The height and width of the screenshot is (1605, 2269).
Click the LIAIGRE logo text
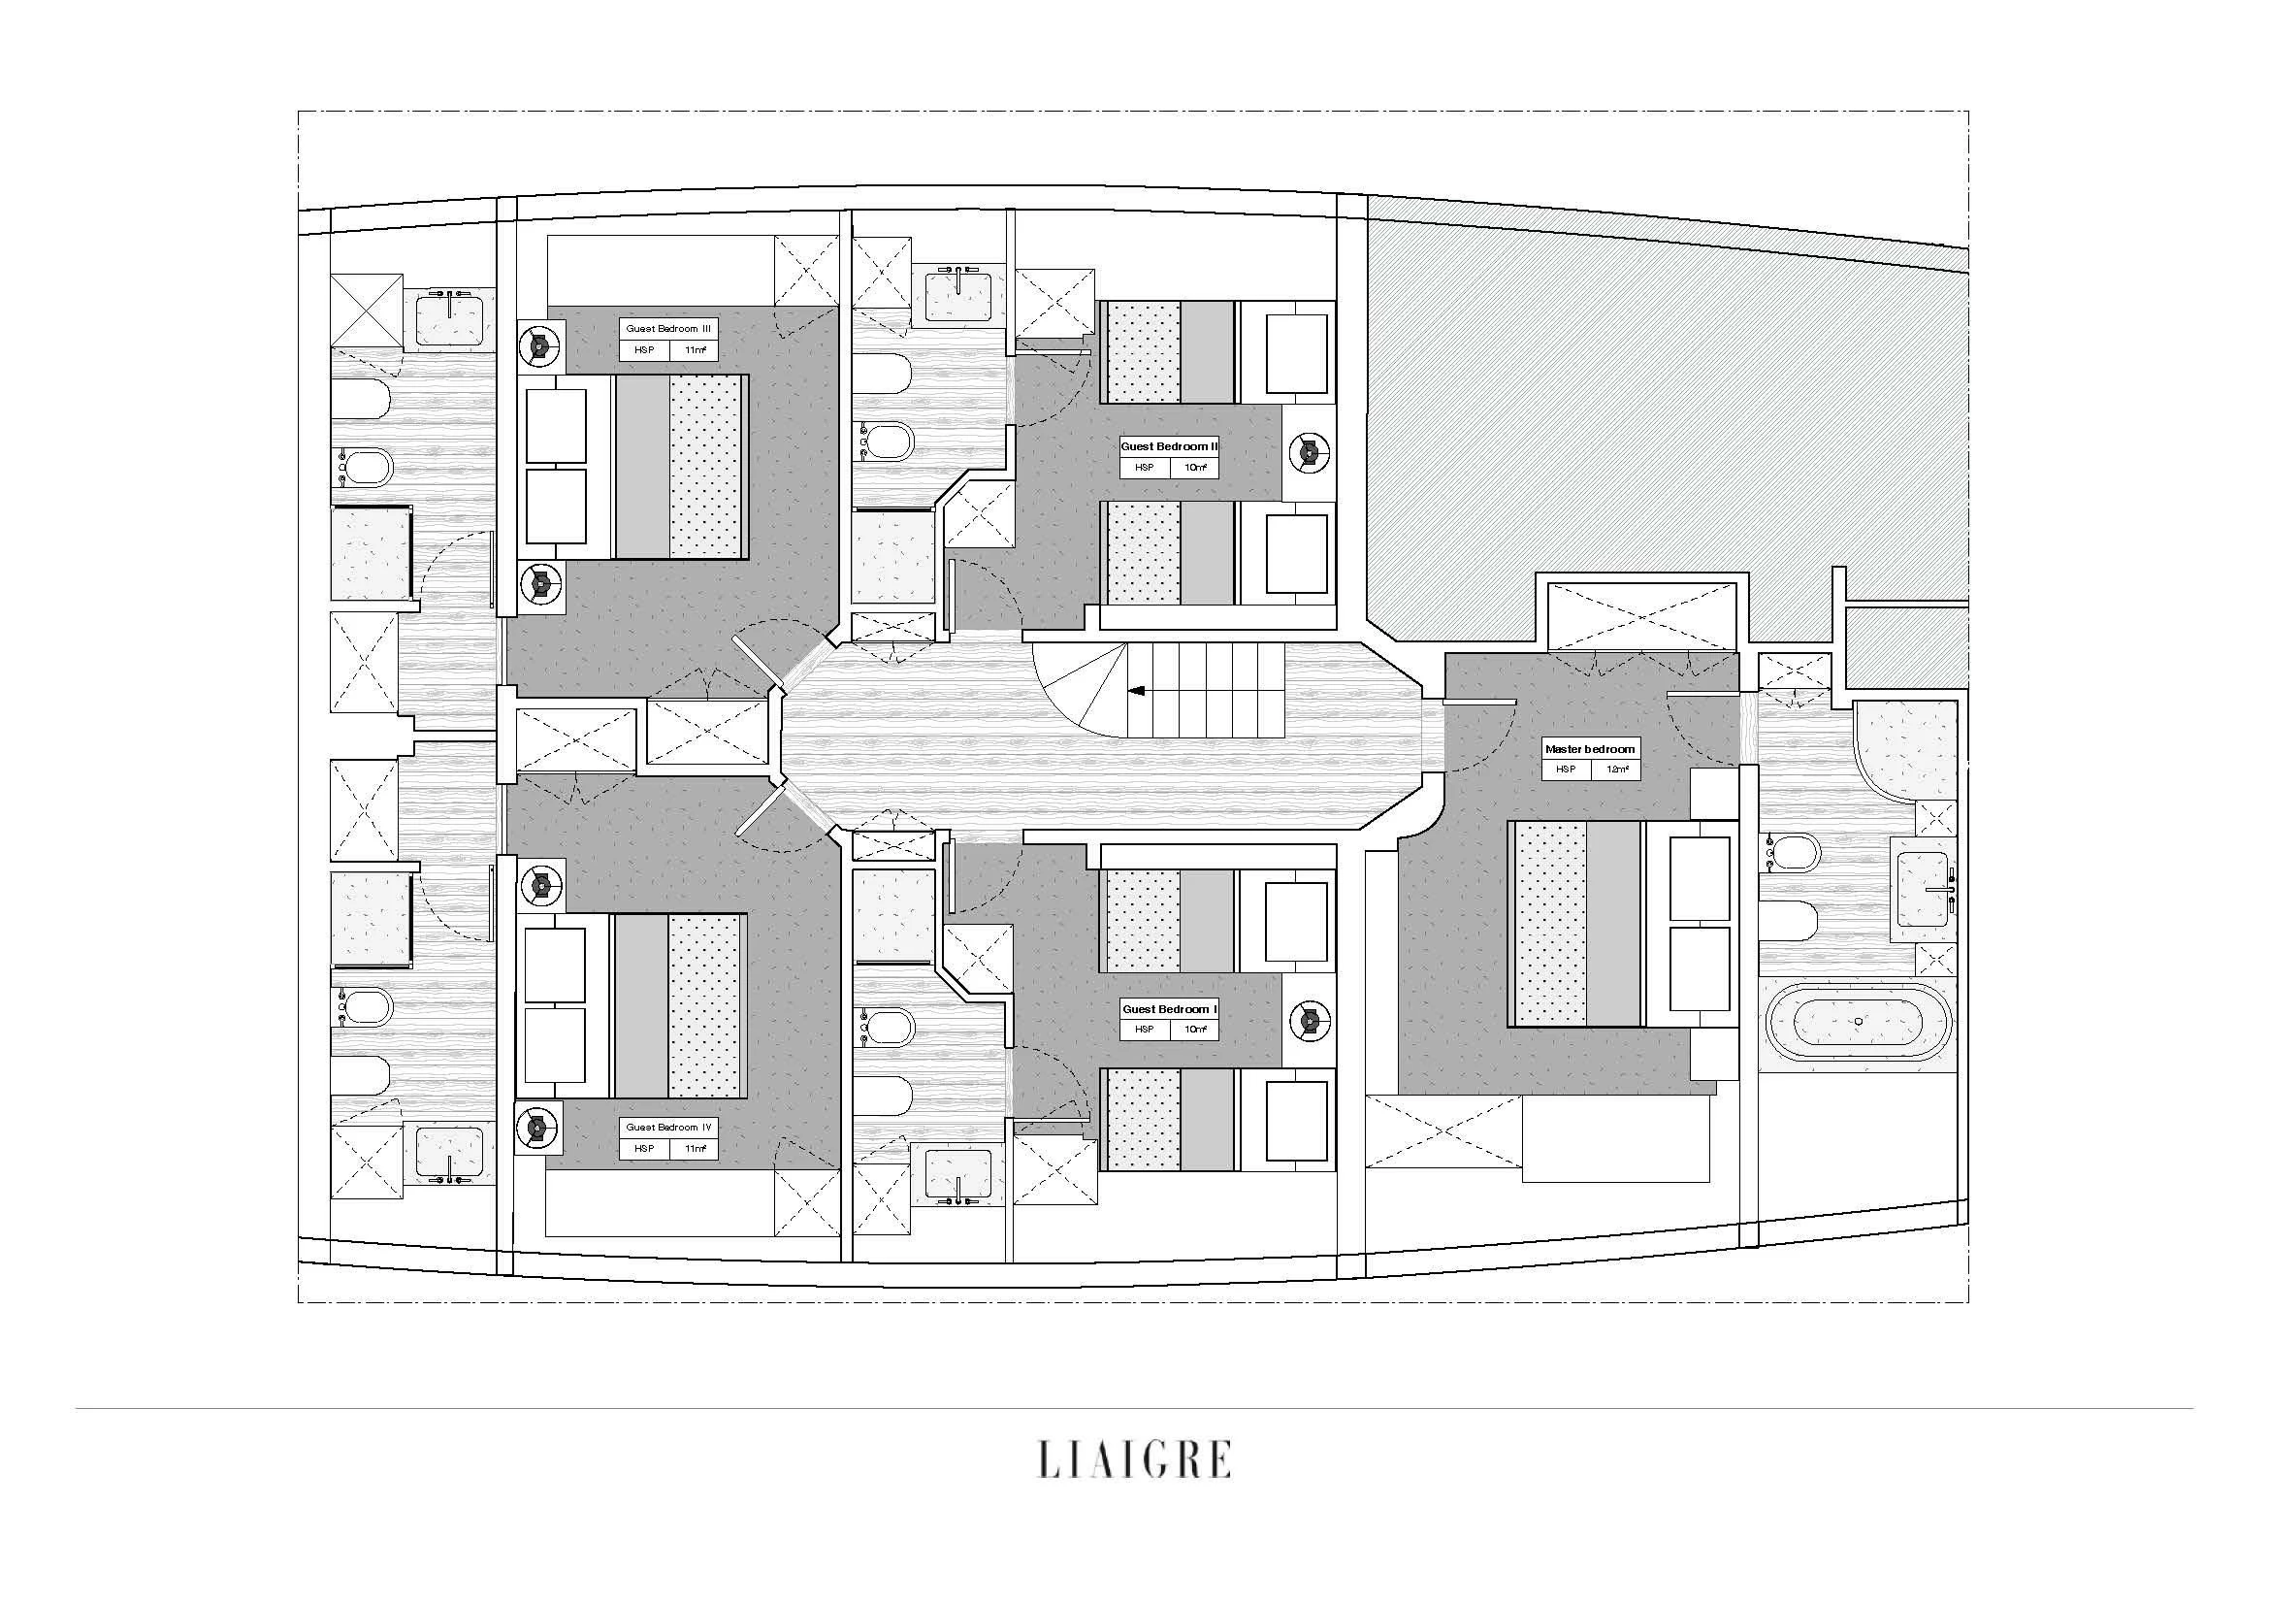tap(1133, 1458)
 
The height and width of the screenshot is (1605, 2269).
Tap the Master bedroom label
tap(1590, 749)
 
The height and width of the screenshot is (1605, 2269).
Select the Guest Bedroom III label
tap(668, 329)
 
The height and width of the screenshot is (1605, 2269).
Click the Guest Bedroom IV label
tap(668, 1128)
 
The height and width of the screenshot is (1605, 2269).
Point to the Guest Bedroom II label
tap(1169, 446)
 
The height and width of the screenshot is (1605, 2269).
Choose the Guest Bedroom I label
tap(1169, 1009)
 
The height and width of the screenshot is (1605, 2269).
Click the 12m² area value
tap(1617, 769)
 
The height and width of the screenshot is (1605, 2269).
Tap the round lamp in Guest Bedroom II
tap(1310, 451)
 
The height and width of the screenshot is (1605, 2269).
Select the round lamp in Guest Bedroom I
tap(1310, 1020)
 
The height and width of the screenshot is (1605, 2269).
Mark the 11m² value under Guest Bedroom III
tap(694, 350)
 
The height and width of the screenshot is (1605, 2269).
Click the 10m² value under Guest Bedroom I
tap(1195, 1029)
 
